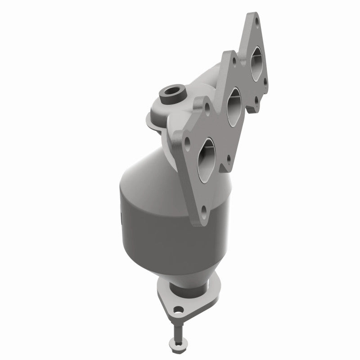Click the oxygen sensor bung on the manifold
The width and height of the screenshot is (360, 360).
click(x=172, y=94)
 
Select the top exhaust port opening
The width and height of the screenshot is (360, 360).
click(x=256, y=64)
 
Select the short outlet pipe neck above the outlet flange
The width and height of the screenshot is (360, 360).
click(x=189, y=283)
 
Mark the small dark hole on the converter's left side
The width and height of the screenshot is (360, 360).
click(x=122, y=219)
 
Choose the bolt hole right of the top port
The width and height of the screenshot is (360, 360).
click(x=265, y=81)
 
